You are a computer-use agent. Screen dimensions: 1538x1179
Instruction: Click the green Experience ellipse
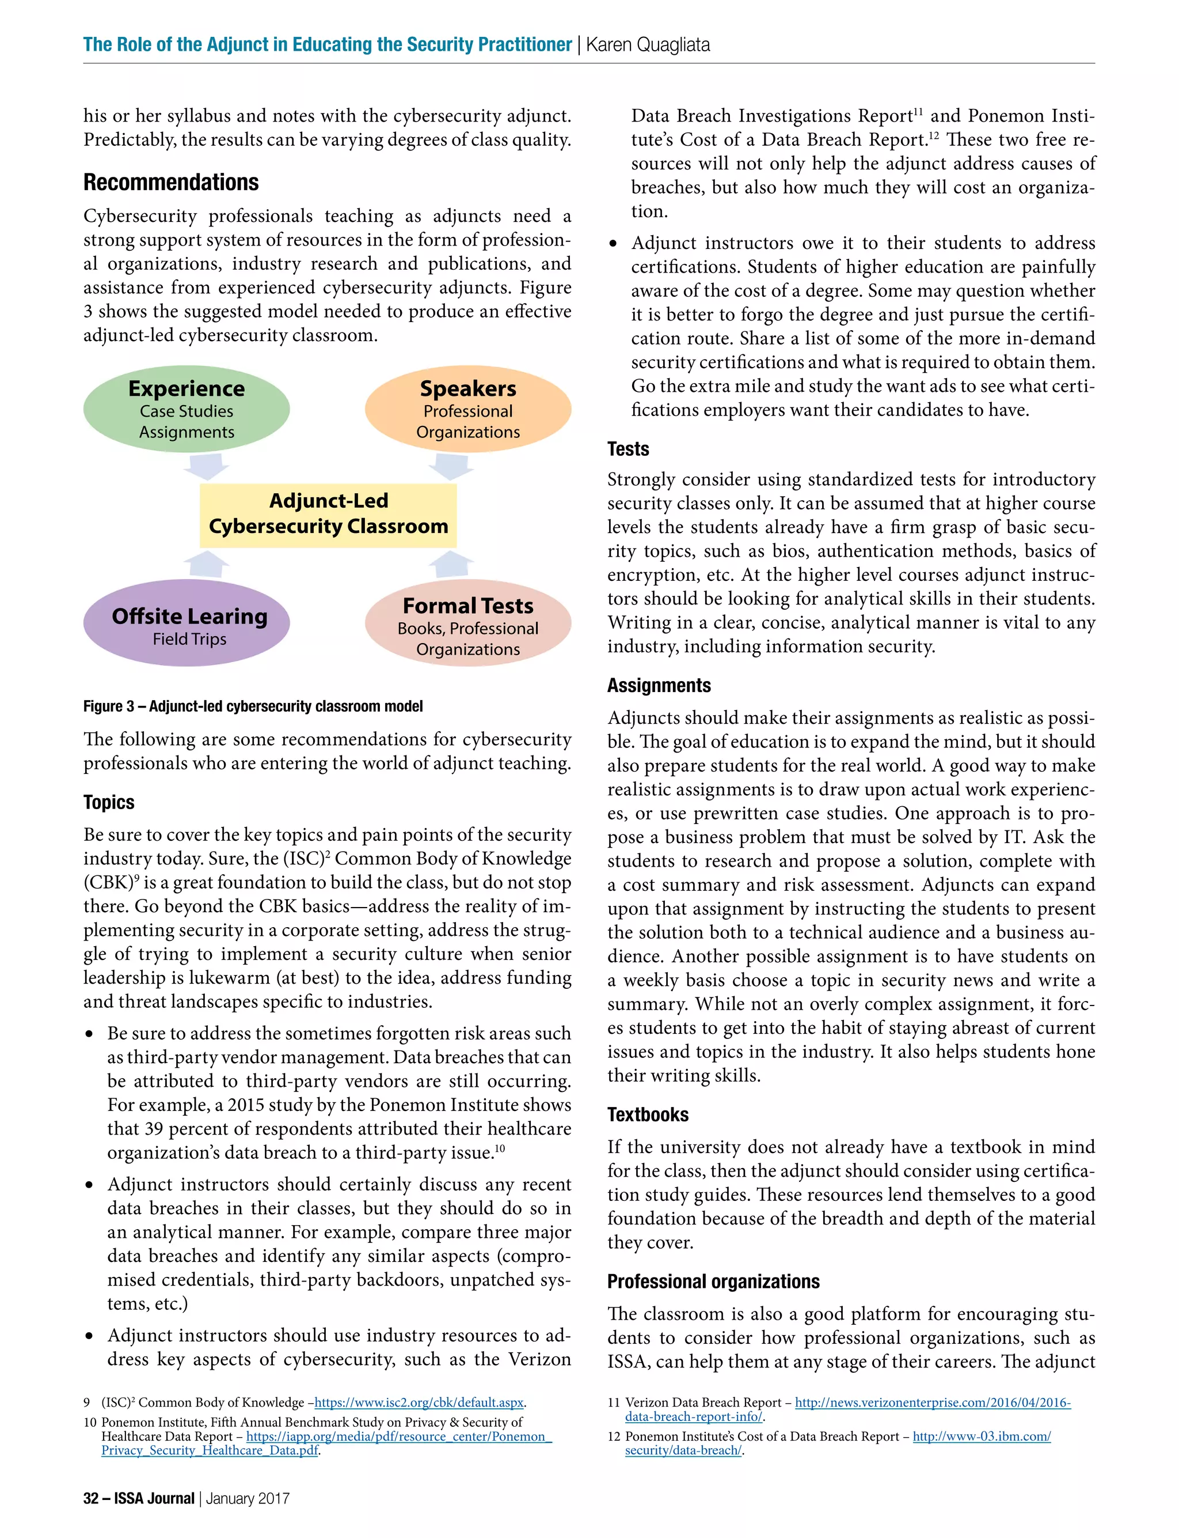tap(186, 410)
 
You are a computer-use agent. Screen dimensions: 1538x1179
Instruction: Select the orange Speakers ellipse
tap(467, 410)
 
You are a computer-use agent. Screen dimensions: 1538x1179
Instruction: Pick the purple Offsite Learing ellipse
tap(186, 623)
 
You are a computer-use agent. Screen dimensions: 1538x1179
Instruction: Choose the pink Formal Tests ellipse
tap(467, 623)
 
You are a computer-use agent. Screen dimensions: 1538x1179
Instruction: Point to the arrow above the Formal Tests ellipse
tap(451, 565)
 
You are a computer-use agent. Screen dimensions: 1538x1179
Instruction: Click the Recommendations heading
tap(170, 183)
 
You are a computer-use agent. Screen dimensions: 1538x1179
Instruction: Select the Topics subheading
tap(109, 802)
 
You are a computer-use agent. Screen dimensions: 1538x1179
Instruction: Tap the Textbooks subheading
tap(647, 1114)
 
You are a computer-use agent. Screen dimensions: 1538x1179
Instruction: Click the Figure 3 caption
tap(253, 706)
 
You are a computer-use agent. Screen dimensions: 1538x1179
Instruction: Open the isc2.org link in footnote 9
tap(419, 1403)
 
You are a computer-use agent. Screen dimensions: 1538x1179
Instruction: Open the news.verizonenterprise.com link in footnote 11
tap(932, 1403)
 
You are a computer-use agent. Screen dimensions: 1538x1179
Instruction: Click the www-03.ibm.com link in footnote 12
tap(981, 1436)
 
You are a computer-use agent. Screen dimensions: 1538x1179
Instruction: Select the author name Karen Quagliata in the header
tap(647, 45)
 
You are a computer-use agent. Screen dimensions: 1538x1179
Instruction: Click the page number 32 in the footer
tap(90, 1498)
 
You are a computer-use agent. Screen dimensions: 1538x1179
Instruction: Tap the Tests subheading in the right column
tap(627, 449)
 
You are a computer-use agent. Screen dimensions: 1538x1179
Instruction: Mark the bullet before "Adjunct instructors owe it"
tap(613, 244)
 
